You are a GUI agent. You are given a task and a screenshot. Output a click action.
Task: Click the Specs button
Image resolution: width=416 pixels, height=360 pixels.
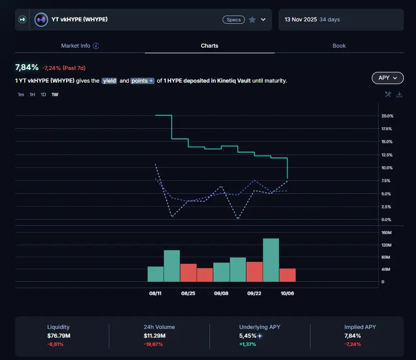click(x=234, y=20)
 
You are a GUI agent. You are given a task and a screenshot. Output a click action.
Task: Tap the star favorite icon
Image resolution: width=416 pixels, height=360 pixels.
click(x=252, y=20)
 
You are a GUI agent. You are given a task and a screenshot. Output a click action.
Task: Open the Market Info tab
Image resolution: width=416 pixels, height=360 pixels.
click(x=80, y=46)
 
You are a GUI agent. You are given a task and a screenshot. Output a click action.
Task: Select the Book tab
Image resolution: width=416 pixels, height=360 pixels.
click(x=339, y=46)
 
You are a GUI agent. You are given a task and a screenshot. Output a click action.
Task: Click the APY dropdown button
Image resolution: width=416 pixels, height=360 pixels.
click(x=387, y=78)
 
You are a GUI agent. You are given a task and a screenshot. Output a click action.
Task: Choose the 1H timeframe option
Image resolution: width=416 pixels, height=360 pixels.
click(x=32, y=95)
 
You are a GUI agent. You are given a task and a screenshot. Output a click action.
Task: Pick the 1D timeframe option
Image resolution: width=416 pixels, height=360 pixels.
click(x=43, y=95)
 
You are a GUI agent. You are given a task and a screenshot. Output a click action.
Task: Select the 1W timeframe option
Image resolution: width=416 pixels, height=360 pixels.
click(x=55, y=95)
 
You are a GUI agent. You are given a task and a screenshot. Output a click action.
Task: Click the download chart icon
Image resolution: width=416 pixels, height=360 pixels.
click(x=399, y=94)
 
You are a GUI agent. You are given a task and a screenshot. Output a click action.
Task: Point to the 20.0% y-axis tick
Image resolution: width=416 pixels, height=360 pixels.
click(x=387, y=116)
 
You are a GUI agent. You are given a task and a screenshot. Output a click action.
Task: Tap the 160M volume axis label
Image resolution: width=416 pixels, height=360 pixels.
click(x=386, y=233)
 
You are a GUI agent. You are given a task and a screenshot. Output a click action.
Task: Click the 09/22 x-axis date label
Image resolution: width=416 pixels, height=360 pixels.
click(x=254, y=293)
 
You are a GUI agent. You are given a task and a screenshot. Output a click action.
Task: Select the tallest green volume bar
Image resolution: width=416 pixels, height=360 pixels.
click(x=271, y=260)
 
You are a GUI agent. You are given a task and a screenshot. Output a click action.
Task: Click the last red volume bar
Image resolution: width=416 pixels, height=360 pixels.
click(x=287, y=275)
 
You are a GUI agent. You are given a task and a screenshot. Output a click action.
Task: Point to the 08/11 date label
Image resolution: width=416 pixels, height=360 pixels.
click(x=156, y=293)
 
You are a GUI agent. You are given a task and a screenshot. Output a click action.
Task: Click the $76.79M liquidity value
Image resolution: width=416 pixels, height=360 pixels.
click(x=58, y=336)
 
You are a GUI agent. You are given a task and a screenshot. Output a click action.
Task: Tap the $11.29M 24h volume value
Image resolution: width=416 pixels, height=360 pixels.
click(x=155, y=336)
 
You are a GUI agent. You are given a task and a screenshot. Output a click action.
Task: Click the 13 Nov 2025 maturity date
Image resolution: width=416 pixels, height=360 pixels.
click(x=301, y=20)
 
